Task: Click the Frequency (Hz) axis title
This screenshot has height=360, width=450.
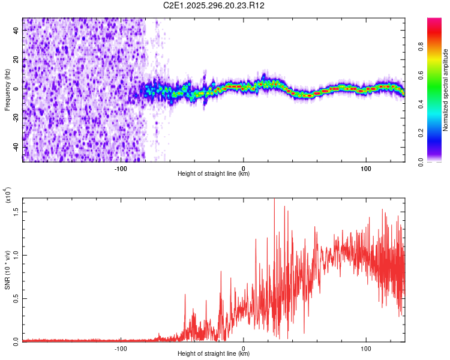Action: (x=7, y=90)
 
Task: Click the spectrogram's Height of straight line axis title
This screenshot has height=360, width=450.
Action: (x=214, y=174)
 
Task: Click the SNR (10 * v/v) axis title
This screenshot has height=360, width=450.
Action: (x=7, y=269)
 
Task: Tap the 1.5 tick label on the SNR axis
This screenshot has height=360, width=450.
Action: (x=16, y=212)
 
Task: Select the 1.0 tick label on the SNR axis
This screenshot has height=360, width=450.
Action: (x=16, y=254)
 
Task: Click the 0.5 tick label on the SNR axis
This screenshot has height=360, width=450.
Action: (x=16, y=298)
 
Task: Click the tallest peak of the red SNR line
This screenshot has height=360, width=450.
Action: (x=274, y=199)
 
